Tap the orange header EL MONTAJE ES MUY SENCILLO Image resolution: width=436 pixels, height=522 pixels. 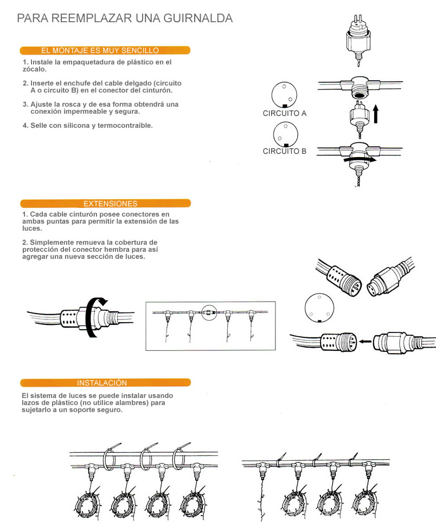tap(105, 50)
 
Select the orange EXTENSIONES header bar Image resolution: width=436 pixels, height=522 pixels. tap(105, 204)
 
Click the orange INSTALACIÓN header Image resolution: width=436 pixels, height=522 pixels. tap(105, 382)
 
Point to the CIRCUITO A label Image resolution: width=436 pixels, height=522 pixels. tap(285, 113)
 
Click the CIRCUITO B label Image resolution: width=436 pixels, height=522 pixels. tap(285, 151)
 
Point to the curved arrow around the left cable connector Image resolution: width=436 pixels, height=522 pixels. tap(94, 317)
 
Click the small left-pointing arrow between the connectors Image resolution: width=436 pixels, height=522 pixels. tap(367, 341)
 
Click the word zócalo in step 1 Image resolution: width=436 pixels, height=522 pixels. tap(34, 69)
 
